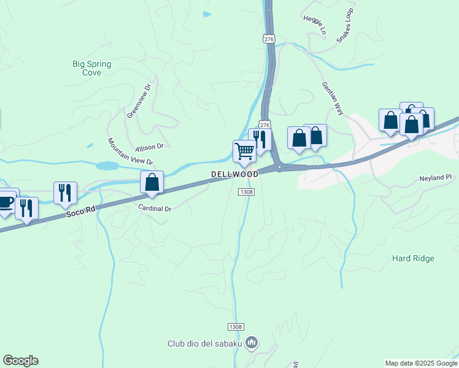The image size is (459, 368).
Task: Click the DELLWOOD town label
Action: (x=235, y=174)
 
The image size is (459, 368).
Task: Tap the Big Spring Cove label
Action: (x=87, y=67)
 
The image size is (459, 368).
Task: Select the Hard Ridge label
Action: (x=413, y=258)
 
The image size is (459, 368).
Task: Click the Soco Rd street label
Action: (x=82, y=210)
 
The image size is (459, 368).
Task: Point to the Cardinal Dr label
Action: (x=155, y=209)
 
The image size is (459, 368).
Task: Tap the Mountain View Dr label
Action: (x=130, y=151)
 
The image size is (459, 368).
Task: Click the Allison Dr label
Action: (x=150, y=147)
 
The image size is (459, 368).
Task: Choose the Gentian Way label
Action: (x=331, y=96)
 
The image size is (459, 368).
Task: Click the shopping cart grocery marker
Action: (x=244, y=150)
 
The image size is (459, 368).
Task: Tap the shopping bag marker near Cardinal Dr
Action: (x=152, y=182)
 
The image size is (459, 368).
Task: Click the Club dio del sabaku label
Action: (x=204, y=343)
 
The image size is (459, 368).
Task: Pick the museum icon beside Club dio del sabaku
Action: (x=251, y=342)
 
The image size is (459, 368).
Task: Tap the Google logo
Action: (x=20, y=361)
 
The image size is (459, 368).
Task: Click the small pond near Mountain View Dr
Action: (x=107, y=166)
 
